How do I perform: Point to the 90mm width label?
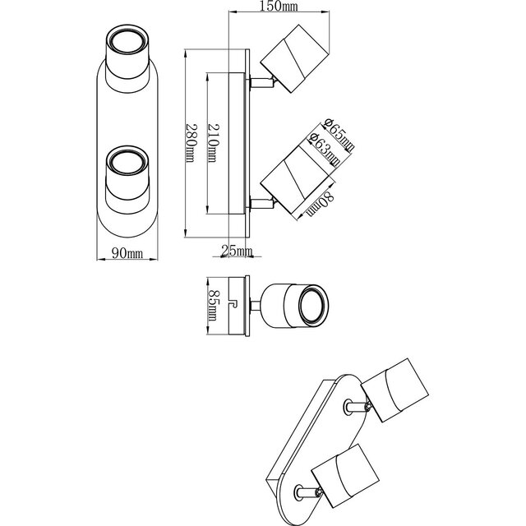pos(127,255)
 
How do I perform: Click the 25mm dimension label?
pos(238,251)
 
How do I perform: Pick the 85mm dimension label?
pos(212,305)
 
